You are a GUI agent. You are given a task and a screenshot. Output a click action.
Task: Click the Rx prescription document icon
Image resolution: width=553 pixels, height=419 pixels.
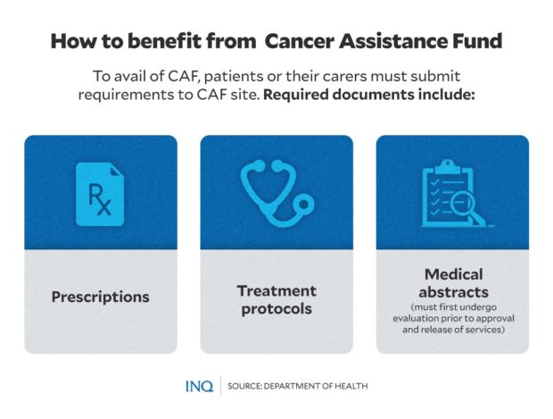point(99,190)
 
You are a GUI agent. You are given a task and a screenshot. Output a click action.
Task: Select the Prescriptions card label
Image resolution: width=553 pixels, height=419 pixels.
point(100,297)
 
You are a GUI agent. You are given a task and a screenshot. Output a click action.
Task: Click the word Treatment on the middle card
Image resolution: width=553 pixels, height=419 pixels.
point(276,290)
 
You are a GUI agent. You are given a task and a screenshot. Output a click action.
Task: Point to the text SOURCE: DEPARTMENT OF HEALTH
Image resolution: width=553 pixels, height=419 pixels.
point(297,386)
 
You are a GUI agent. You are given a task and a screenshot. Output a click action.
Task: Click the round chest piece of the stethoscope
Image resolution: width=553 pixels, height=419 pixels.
point(305,204)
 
